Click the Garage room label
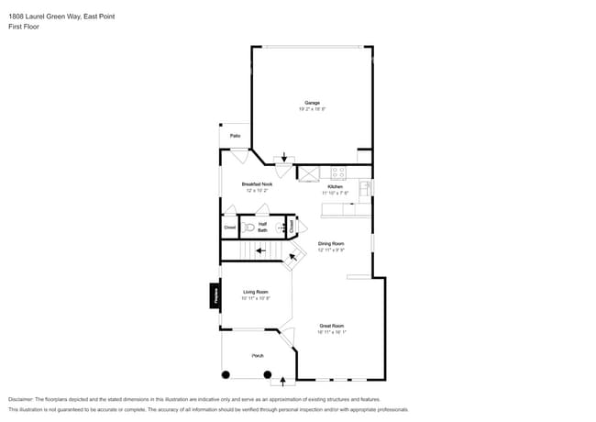[312, 102]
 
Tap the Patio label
[235, 136]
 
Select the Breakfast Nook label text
[257, 184]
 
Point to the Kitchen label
[335, 186]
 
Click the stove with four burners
[337, 172]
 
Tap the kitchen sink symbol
[364, 187]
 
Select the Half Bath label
[262, 227]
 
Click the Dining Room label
[331, 244]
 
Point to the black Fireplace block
[215, 294]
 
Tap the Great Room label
[331, 326]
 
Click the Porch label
[259, 355]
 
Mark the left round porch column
[226, 374]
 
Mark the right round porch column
[268, 374]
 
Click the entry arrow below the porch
[283, 380]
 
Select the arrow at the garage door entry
[284, 157]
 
